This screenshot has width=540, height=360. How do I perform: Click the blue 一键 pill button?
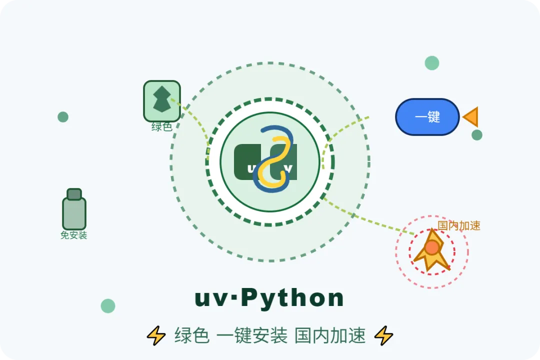click(427, 117)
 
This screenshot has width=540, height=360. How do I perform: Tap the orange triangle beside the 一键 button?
click(471, 117)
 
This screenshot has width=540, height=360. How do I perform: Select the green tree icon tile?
click(162, 100)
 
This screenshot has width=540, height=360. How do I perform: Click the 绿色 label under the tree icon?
click(162, 127)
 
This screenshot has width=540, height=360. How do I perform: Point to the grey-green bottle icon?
click(74, 210)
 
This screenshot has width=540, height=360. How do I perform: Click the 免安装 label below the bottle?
click(74, 235)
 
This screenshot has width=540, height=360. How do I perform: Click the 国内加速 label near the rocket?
click(459, 225)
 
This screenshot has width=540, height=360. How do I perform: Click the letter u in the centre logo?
click(250, 168)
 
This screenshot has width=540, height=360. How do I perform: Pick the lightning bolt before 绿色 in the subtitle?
click(156, 335)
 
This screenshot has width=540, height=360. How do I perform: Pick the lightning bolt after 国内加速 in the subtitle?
click(384, 335)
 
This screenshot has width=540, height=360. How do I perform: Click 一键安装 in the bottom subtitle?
click(252, 335)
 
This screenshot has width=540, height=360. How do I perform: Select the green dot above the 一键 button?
click(432, 63)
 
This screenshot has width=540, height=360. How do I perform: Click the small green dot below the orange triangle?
click(477, 135)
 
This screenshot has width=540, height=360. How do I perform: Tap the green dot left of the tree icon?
click(63, 117)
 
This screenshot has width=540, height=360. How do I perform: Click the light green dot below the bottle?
click(108, 306)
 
